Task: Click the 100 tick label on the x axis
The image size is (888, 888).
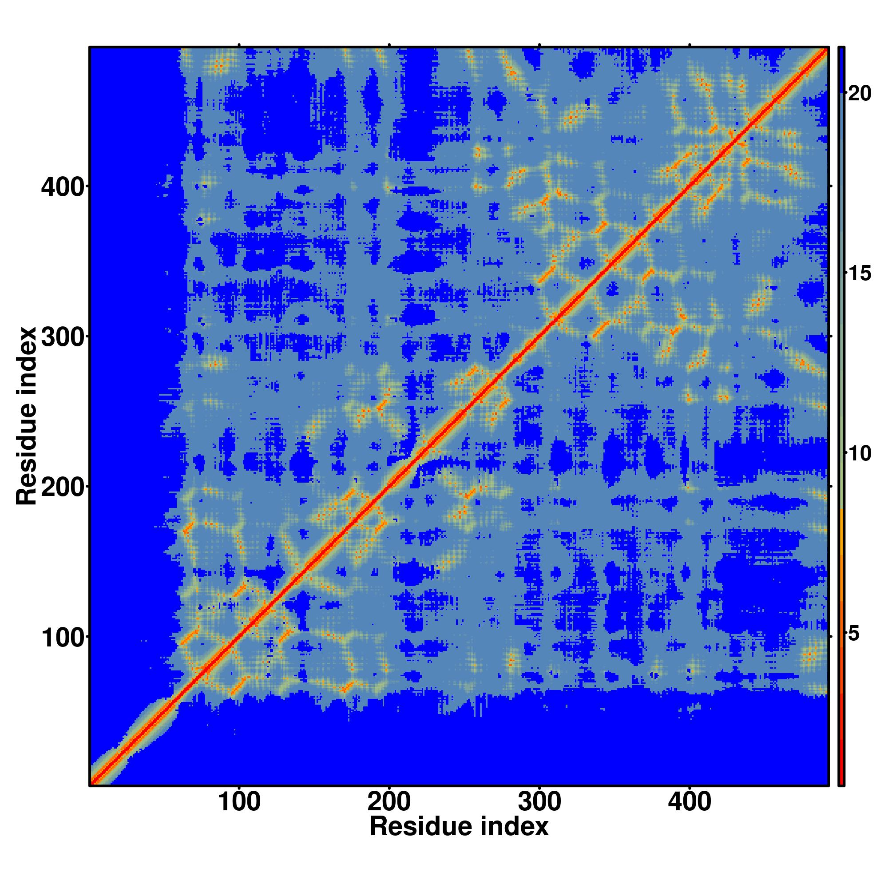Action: pyautogui.click(x=239, y=803)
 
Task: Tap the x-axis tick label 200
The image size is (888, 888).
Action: pyautogui.click(x=389, y=803)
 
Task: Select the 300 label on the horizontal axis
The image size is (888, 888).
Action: pyautogui.click(x=539, y=803)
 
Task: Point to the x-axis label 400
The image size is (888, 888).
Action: pyautogui.click(x=690, y=803)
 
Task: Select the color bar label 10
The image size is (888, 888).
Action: pyautogui.click(x=859, y=454)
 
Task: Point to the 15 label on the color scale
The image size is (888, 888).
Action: pyautogui.click(x=859, y=274)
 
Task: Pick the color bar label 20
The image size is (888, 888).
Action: pyautogui.click(x=859, y=94)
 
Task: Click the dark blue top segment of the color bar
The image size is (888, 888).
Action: pyautogui.click(x=841, y=69)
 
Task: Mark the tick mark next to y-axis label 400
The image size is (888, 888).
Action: pyautogui.click(x=87, y=186)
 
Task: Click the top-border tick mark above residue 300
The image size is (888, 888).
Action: pyautogui.click(x=539, y=44)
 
